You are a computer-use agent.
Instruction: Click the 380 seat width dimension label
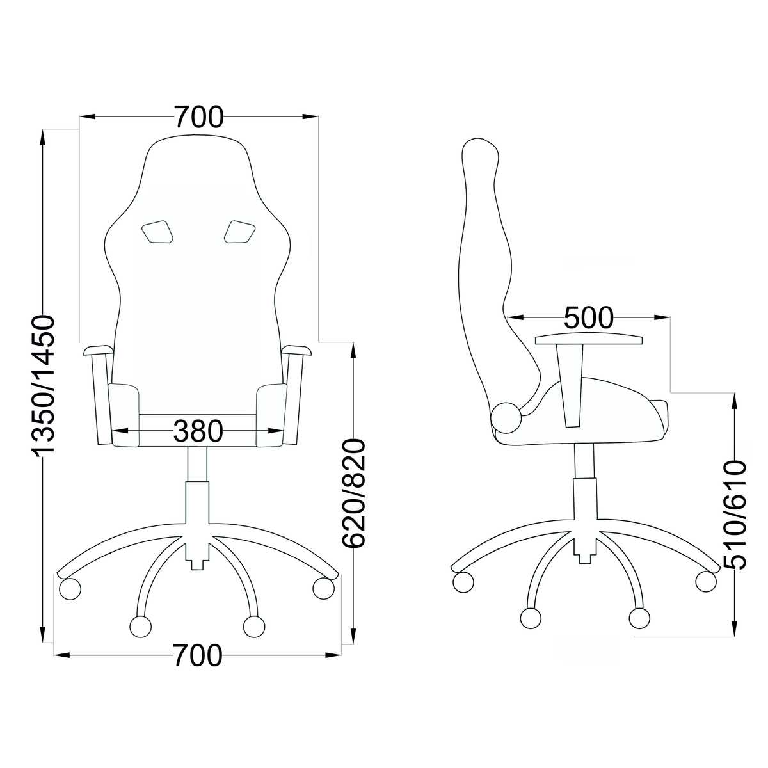pos(198,431)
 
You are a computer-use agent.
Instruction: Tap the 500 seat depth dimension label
pos(589,317)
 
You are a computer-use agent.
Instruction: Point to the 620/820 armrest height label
pos(353,493)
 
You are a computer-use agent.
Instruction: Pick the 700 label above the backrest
pos(199,117)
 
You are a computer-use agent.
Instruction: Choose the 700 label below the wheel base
pos(197,655)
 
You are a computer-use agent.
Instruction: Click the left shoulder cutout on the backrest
pos(157,232)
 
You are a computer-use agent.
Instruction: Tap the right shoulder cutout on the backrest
pos(239,232)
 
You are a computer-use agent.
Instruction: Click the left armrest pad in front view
pos(98,351)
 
